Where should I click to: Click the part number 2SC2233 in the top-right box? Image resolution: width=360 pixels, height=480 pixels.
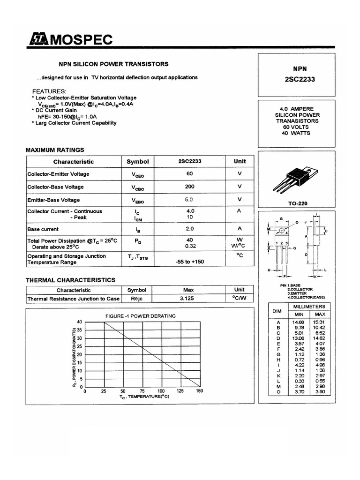(x=300, y=79)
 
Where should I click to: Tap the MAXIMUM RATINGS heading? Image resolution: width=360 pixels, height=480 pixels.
(x=54, y=150)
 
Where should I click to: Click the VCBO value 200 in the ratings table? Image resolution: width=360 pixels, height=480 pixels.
(x=190, y=187)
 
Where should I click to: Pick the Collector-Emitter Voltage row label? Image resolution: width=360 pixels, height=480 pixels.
(x=58, y=174)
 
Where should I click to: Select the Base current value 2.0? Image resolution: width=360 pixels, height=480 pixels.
(x=190, y=229)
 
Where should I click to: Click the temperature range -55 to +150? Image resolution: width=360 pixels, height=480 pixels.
(x=190, y=262)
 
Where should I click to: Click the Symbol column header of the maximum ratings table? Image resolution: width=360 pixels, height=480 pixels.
(x=137, y=162)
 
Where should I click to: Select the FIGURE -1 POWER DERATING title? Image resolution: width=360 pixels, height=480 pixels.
(x=141, y=316)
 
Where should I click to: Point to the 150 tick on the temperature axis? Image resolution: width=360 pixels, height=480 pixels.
(x=199, y=391)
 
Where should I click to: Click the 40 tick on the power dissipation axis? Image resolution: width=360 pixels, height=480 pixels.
(x=79, y=322)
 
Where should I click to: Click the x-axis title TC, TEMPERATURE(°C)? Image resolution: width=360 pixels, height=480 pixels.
(x=144, y=397)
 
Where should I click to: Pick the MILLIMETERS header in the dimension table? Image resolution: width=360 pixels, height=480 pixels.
(x=310, y=307)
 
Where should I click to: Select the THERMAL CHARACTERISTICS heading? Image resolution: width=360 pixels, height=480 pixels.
(x=70, y=280)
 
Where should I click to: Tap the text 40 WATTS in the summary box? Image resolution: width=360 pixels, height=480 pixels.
(x=297, y=133)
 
